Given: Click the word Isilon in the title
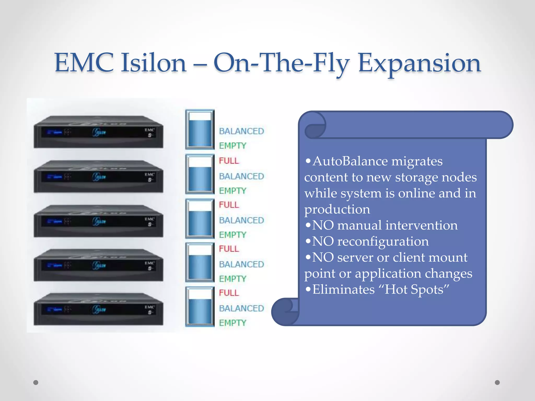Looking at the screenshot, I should pyautogui.click(x=153, y=63).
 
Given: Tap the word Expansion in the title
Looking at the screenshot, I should pyautogui.click(x=419, y=63).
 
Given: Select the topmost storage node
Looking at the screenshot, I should pyautogui.click(x=98, y=132).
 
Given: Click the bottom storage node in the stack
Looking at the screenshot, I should pyautogui.click(x=98, y=309).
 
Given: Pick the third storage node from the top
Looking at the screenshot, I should pyautogui.click(x=98, y=221).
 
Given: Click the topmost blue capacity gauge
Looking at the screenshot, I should pyautogui.click(x=200, y=129).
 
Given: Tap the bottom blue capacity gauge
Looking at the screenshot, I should pyautogui.click(x=200, y=307).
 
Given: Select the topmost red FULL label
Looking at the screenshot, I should pyautogui.click(x=229, y=161).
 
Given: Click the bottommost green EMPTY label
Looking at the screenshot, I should pyautogui.click(x=232, y=323).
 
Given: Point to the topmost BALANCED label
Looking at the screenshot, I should pyautogui.click(x=241, y=131).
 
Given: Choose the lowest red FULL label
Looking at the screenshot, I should pyautogui.click(x=229, y=293).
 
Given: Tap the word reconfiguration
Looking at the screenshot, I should pyautogui.click(x=383, y=241).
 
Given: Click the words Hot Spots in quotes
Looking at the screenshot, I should pyautogui.click(x=414, y=290).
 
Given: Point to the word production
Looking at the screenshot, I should pyautogui.click(x=337, y=209).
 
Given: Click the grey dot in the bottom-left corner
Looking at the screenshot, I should pyautogui.click(x=36, y=382).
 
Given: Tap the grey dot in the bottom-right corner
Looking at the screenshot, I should pyautogui.click(x=497, y=382).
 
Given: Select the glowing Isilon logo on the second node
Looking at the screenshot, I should pyautogui.click(x=99, y=177).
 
